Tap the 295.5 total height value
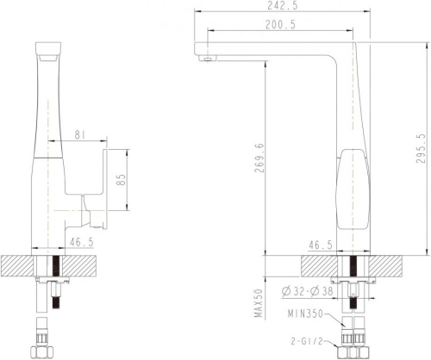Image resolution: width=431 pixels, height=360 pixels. (x=420, y=149)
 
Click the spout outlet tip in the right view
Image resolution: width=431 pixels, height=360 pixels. (x=206, y=58)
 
